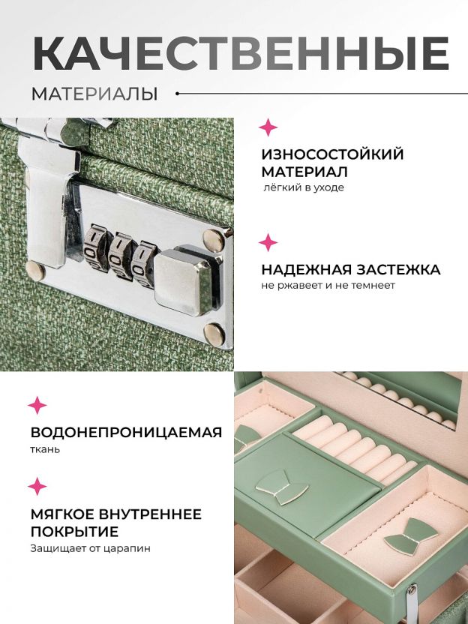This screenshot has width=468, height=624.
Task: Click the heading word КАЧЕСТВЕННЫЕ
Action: [241, 54]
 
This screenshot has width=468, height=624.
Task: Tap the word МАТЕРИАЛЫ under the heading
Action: [94, 94]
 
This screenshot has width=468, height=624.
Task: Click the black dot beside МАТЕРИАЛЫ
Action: [178, 94]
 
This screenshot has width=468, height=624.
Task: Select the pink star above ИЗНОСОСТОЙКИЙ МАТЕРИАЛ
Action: [268, 127]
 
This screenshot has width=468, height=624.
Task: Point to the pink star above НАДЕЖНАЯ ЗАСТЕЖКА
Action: [268, 242]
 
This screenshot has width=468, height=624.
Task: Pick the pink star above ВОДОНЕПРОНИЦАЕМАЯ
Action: [37, 405]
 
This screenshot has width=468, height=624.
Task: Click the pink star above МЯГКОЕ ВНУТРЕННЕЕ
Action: [37, 486]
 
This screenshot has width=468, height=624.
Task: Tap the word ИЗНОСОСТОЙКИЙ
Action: [332, 154]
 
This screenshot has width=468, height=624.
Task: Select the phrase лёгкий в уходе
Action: [303, 187]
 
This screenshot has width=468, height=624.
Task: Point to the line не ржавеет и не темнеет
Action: [328, 285]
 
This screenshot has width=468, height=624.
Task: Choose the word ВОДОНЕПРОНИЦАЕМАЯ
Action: [126, 432]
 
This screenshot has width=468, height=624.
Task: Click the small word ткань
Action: [45, 450]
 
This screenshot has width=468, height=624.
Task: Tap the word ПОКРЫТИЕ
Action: [74, 532]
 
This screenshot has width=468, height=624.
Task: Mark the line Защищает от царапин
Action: [91, 548]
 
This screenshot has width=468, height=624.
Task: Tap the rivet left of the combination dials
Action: [35, 271]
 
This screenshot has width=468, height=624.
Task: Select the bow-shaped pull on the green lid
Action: [282, 487]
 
